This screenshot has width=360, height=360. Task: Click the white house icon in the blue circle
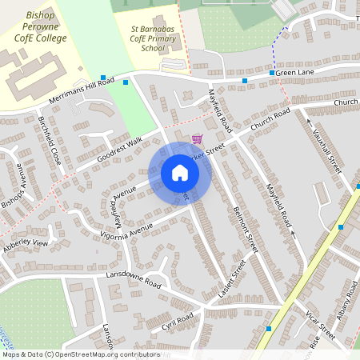179,173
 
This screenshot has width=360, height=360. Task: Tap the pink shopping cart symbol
197,138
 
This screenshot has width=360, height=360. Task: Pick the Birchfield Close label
49,140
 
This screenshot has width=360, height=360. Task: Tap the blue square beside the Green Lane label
272,73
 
